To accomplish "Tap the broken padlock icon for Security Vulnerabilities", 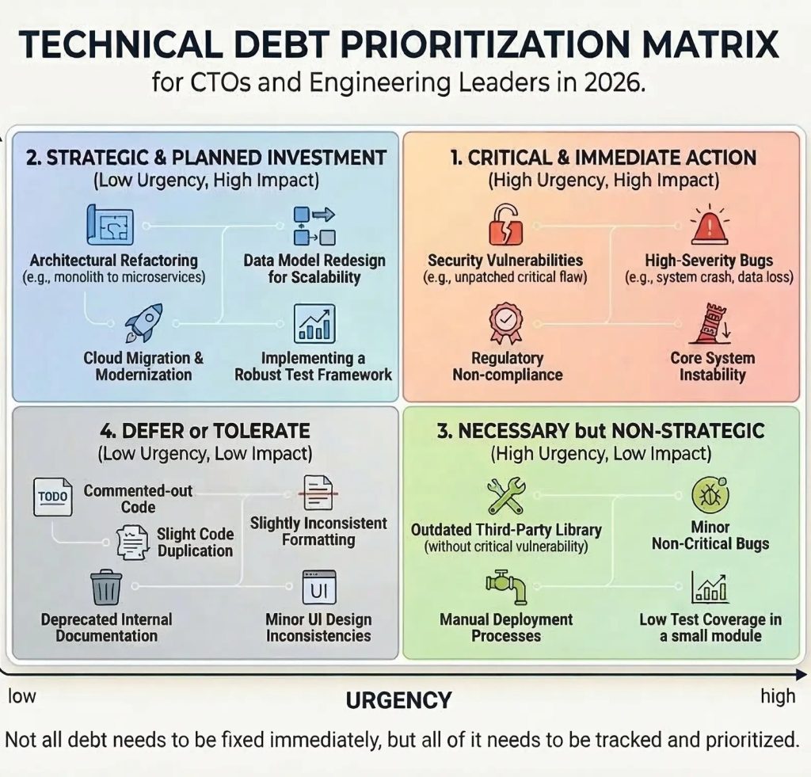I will click(503, 225).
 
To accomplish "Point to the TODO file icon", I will click(53, 496).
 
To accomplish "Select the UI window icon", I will click(319, 588).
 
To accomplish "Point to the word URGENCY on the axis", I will click(398, 701).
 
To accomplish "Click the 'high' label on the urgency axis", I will click(778, 696).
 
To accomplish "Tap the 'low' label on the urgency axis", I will click(22, 696).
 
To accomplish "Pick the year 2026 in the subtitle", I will click(611, 82).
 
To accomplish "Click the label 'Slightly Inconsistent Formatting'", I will click(318, 531).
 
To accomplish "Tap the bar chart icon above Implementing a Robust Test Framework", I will click(314, 323).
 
